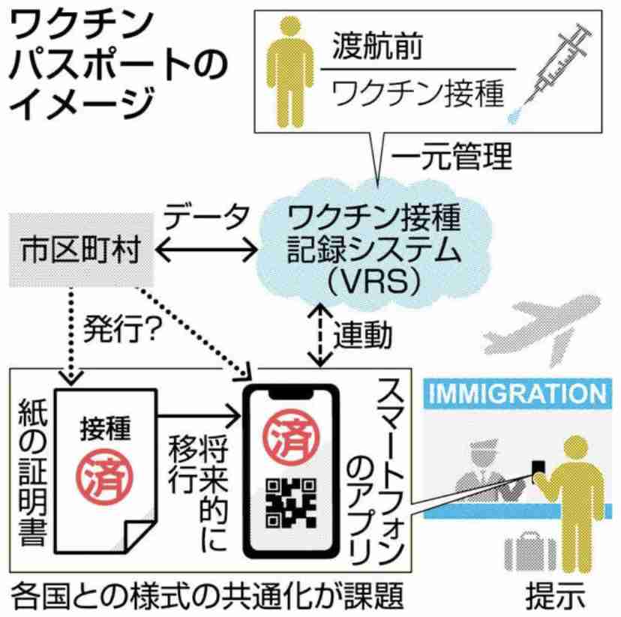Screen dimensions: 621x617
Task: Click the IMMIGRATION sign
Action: [517, 393]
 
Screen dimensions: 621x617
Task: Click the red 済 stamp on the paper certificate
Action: [104, 476]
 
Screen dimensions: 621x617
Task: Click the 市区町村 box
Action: [81, 250]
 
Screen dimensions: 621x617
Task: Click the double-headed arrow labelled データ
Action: [206, 250]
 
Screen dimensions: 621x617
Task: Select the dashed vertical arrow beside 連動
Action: [320, 334]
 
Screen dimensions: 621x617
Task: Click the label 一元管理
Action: [452, 157]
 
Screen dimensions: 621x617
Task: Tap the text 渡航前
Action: [377, 46]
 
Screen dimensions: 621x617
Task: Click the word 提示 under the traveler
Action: [555, 595]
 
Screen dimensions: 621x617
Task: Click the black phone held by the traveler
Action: [538, 469]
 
